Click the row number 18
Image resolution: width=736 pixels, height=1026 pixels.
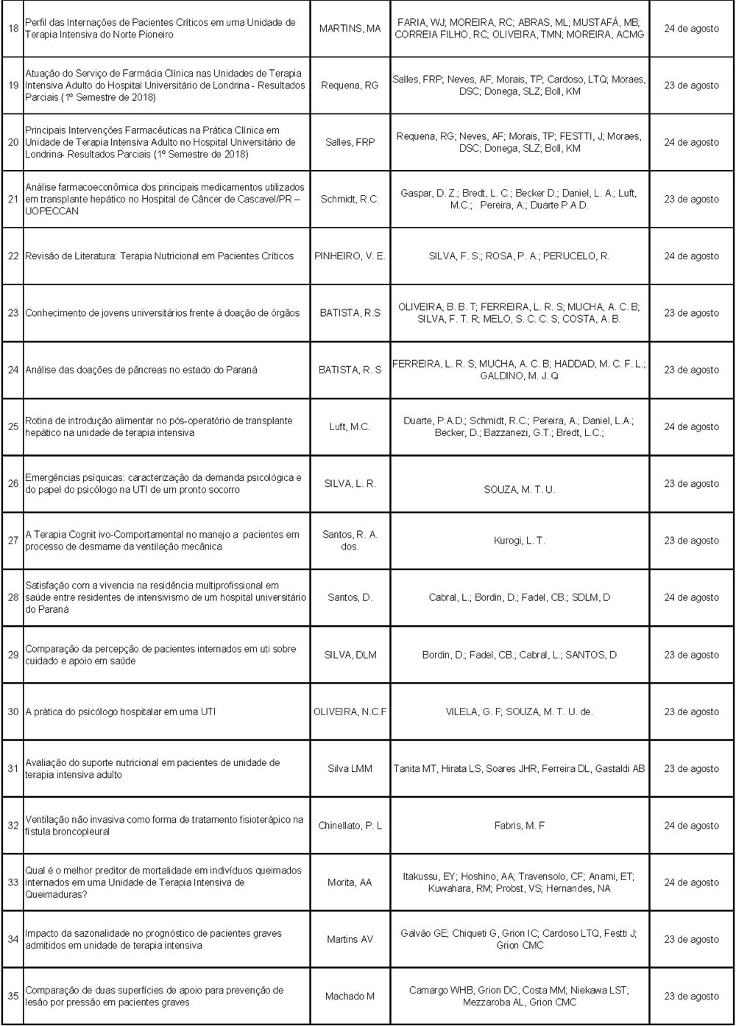pyautogui.click(x=13, y=28)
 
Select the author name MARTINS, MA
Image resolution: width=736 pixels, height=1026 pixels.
pyautogui.click(x=350, y=29)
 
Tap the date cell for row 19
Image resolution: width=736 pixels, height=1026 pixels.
pyautogui.click(x=691, y=85)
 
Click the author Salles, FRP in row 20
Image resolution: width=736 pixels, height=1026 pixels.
pyautogui.click(x=350, y=142)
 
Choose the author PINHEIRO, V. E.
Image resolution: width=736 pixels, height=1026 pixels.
pyautogui.click(x=350, y=256)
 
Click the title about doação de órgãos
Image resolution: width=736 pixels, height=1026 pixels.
pyautogui.click(x=163, y=313)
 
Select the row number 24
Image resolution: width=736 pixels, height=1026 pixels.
pyautogui.click(x=13, y=370)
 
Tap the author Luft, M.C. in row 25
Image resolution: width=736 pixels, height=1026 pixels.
pyautogui.click(x=350, y=426)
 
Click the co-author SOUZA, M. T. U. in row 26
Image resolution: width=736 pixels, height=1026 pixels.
pyautogui.click(x=519, y=489)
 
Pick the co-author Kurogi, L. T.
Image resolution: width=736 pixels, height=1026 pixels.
pyautogui.click(x=519, y=541)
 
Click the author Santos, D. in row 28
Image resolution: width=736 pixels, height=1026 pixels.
pyautogui.click(x=350, y=597)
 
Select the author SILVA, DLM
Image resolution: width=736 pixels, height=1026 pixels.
pyautogui.click(x=350, y=655)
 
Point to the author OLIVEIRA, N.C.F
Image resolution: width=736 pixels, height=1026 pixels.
pyautogui.click(x=350, y=711)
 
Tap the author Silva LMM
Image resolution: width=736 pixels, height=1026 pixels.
pyautogui.click(x=350, y=768)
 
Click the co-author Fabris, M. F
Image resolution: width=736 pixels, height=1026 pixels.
pyautogui.click(x=519, y=826)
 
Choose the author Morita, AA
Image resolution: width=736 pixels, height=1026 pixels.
pyautogui.click(x=350, y=882)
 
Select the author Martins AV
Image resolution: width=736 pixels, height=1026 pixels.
pyautogui.click(x=350, y=939)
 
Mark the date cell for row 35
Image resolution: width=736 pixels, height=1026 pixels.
pyautogui.click(x=691, y=996)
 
